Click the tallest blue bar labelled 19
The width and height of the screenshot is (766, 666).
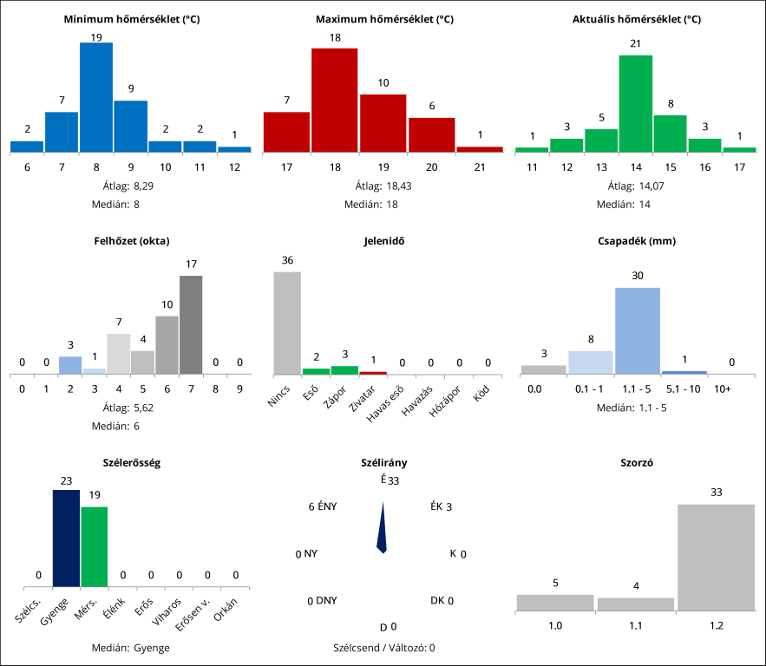click(96, 97)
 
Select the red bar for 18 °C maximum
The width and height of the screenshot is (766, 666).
click(334, 100)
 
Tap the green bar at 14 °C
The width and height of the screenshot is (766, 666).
click(635, 103)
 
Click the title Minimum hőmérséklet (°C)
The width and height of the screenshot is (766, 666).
click(132, 18)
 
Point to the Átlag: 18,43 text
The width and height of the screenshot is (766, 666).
click(383, 186)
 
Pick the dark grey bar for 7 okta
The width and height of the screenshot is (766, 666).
click(191, 324)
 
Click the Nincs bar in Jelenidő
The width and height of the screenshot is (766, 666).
click(287, 323)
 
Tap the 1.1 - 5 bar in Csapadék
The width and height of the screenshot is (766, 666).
click(638, 330)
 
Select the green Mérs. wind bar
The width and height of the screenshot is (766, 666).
click(94, 547)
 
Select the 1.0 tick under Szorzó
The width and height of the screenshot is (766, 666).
click(554, 624)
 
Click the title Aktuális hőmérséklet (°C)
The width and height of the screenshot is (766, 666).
click(637, 18)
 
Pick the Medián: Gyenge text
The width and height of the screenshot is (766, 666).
click(132, 648)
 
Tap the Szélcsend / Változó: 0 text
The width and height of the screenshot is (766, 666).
click(383, 648)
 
